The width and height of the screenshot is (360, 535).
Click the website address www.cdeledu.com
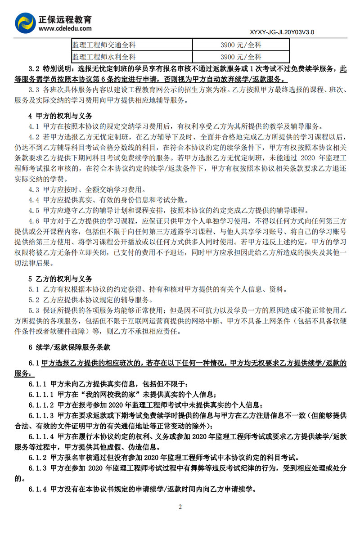click(x=65, y=29)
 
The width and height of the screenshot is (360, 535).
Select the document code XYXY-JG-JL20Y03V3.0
click(x=281, y=32)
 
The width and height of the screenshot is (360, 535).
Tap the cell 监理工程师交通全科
click(x=104, y=45)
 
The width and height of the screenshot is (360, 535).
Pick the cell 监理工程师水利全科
click(x=104, y=57)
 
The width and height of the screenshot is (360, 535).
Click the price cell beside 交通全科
click(x=241, y=45)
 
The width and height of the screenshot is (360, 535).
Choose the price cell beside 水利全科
click(x=241, y=57)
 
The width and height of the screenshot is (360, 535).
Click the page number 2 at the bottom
click(x=180, y=507)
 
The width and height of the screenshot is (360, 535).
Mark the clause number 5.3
click(x=34, y=311)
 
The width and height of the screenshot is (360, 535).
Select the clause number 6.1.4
click(x=38, y=489)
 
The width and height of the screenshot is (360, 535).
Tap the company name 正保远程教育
click(x=65, y=20)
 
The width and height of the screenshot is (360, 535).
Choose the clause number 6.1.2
click(x=38, y=458)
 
